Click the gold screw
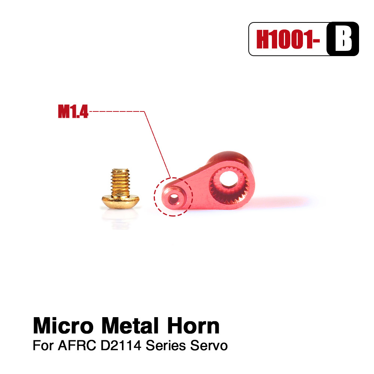pos(120,188)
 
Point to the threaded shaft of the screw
pos(120,182)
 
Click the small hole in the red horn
pos(174,199)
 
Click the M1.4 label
pos(73,111)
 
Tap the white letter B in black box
pos(343,39)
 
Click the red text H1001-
pos(288,39)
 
